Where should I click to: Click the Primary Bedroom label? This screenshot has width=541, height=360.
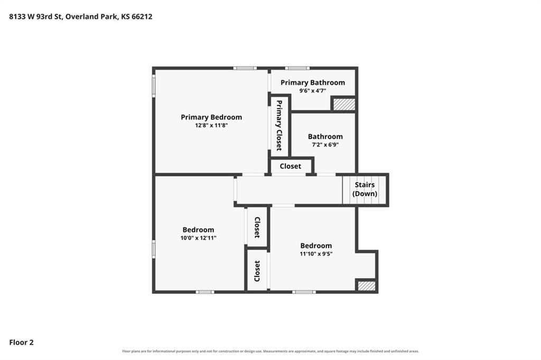tap(211, 117)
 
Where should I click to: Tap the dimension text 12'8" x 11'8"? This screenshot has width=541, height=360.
tap(211, 125)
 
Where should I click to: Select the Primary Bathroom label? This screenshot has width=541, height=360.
tap(313, 83)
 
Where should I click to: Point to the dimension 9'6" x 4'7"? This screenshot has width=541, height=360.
tap(313, 91)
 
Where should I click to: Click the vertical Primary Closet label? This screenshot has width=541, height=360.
tap(279, 125)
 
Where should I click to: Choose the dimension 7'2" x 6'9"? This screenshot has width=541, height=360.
tap(325, 145)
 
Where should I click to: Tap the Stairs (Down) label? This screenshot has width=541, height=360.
tap(365, 189)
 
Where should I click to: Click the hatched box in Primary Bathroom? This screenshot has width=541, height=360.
tap(344, 105)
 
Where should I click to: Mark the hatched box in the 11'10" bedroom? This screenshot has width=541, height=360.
tap(366, 286)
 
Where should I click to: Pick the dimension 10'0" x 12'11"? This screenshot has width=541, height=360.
tap(199, 238)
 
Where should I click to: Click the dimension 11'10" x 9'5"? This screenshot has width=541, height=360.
tap(316, 254)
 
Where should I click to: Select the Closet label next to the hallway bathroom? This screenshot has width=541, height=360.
tap(291, 167)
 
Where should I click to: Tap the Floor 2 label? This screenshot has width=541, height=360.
tap(21, 343)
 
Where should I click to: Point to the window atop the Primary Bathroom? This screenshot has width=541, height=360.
tap(297, 68)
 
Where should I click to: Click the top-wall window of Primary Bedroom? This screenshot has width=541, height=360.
tap(245, 68)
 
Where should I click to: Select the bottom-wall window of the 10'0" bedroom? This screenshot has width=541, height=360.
tap(205, 292)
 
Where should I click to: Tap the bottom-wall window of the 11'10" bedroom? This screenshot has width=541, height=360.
tap(304, 292)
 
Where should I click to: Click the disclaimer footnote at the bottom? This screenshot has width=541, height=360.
tap(270, 352)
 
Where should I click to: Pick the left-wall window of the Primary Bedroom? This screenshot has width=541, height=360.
tap(154, 86)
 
